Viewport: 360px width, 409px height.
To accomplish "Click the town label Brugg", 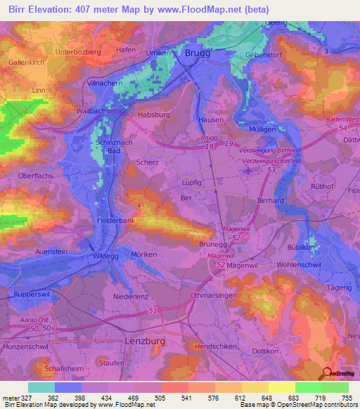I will (x=198, y=53).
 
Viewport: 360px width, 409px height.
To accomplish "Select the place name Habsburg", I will (x=155, y=115).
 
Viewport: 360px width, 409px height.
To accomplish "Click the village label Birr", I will (x=186, y=199).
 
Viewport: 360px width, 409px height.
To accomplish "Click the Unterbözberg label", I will (x=79, y=51).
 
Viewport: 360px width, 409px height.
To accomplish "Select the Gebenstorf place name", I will (x=264, y=55).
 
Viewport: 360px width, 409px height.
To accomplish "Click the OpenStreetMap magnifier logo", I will (x=326, y=372).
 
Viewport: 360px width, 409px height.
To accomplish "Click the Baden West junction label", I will (x=341, y=119).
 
